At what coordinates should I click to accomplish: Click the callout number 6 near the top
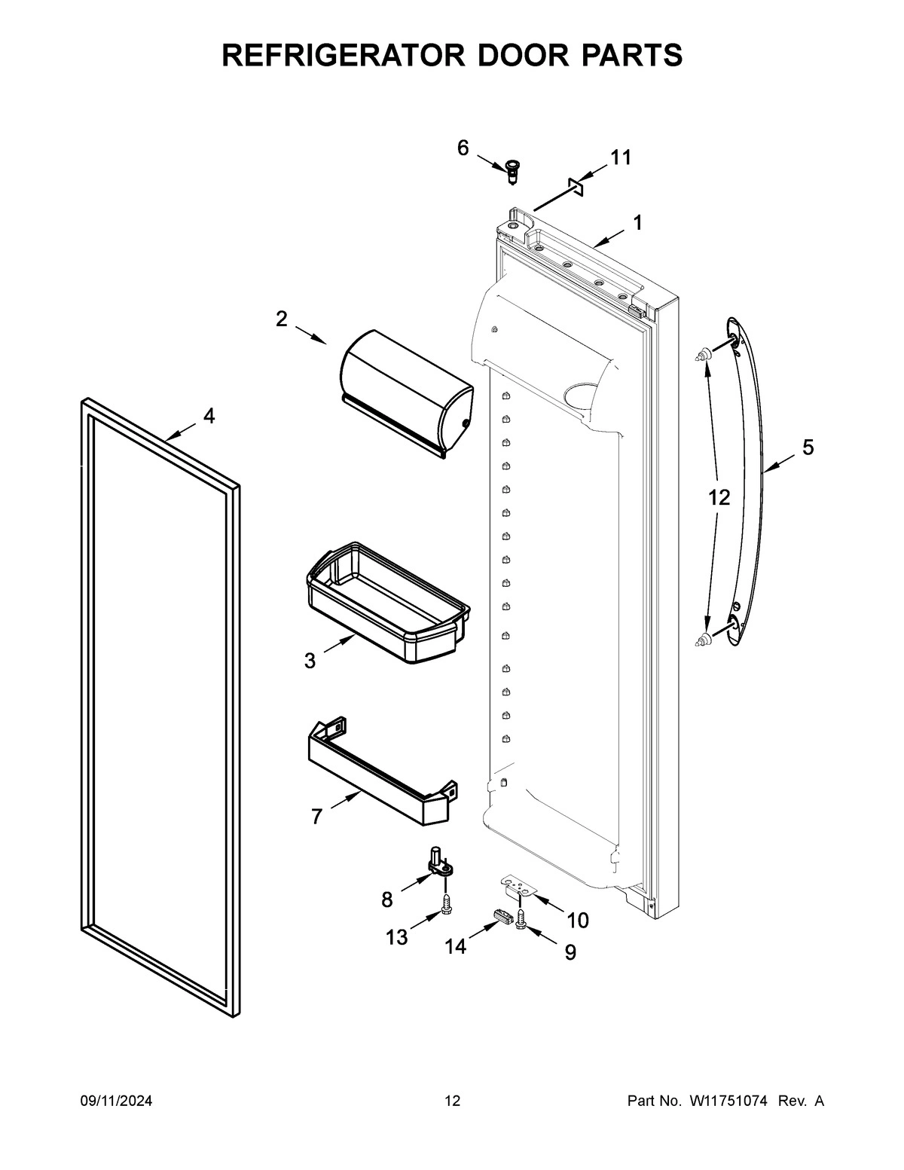463,148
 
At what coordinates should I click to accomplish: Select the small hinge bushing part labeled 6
514,173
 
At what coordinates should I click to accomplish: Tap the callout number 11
621,157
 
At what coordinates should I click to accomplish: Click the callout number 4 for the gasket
209,415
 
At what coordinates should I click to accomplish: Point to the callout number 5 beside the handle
808,448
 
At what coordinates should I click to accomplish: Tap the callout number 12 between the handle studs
719,497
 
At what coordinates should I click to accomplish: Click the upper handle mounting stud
703,353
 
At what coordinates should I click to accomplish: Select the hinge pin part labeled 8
438,863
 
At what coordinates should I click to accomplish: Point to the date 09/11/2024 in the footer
116,1101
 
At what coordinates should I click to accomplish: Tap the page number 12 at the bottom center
452,1101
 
